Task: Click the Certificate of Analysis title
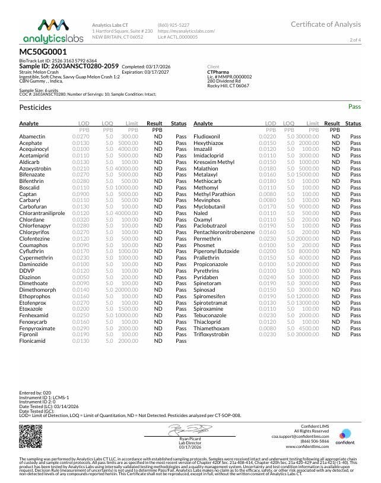pos(325,24)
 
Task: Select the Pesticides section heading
pos(36,108)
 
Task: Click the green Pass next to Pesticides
pos(354,107)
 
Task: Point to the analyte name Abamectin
pos(33,137)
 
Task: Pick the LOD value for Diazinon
pos(81,276)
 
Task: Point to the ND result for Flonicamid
pos(158,341)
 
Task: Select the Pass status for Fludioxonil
pos(355,137)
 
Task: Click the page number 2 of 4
pos(355,39)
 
